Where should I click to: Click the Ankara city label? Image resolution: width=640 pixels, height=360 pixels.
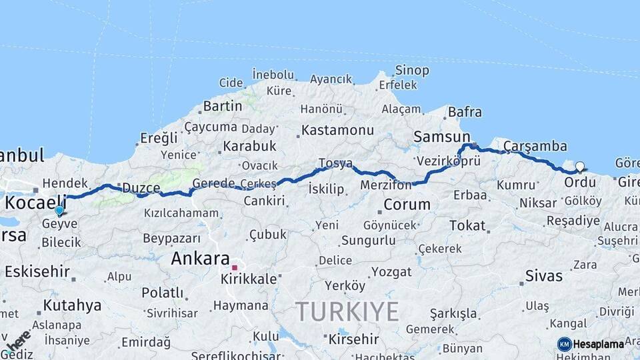pyautogui.click(x=200, y=259)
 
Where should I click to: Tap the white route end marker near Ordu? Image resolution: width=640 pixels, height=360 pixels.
pyautogui.click(x=579, y=167)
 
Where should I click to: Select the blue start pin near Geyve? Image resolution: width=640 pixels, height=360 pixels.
pyautogui.click(x=59, y=211)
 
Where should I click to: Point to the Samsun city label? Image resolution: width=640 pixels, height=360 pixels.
pyautogui.click(x=441, y=137)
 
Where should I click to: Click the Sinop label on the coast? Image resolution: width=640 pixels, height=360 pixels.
pyautogui.click(x=412, y=71)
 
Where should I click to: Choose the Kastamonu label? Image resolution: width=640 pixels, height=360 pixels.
pyautogui.click(x=337, y=130)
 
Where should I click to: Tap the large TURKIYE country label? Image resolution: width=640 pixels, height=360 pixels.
pyautogui.click(x=347, y=311)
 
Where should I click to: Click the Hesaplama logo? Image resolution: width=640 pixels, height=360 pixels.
pyautogui.click(x=591, y=344)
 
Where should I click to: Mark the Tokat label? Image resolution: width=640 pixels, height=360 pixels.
pyautogui.click(x=467, y=225)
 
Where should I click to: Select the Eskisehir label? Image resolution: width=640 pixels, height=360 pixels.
pyautogui.click(x=37, y=271)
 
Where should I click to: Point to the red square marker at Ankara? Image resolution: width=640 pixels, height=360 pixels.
pyautogui.click(x=235, y=267)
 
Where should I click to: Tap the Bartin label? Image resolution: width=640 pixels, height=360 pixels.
pyautogui.click(x=222, y=106)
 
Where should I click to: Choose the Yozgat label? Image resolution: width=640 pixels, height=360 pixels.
pyautogui.click(x=391, y=271)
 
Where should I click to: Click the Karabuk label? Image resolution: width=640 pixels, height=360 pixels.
pyautogui.click(x=249, y=145)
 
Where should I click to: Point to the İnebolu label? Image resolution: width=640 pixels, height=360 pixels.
pyautogui.click(x=273, y=74)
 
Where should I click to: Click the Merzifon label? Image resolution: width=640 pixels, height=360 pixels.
pyautogui.click(x=385, y=184)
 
